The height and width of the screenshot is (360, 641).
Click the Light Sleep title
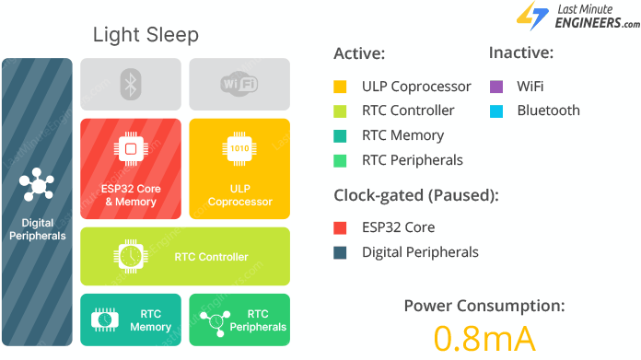tap(146, 35)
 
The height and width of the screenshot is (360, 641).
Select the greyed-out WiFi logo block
tap(239, 85)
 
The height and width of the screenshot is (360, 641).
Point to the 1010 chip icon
tap(239, 148)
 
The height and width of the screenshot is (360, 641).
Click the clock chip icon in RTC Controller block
tap(128, 256)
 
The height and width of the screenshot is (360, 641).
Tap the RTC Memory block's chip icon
tap(104, 319)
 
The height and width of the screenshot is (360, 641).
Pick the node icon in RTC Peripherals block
tap(214, 319)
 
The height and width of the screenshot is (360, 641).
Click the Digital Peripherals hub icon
tap(38, 185)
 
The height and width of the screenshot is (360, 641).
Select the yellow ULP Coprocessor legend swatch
tap(340, 87)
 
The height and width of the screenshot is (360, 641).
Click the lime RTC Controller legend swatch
tap(340, 111)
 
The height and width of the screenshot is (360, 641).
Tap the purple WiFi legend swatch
tap(495, 87)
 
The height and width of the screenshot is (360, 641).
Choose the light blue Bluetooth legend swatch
tap(495, 111)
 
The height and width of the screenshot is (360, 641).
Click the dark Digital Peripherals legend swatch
tap(340, 252)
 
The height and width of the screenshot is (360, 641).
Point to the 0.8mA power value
tap(484, 338)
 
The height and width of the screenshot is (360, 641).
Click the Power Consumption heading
tap(484, 306)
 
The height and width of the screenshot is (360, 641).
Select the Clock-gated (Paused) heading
tap(415, 195)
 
